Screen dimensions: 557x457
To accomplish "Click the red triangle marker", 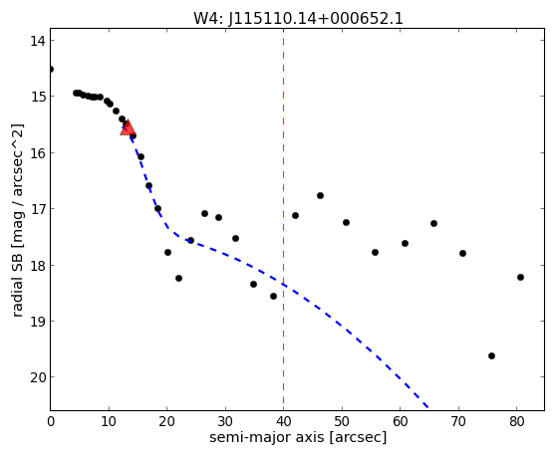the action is click(x=128, y=128).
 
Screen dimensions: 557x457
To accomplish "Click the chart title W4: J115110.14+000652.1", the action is click(x=298, y=19).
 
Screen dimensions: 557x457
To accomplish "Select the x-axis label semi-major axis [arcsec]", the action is click(x=298, y=437).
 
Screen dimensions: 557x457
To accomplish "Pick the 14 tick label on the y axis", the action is click(x=38, y=41).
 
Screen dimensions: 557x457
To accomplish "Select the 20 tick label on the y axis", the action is click(x=38, y=377).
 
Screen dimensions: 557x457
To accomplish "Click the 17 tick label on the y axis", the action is click(x=38, y=209).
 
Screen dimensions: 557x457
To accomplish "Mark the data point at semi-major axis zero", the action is click(x=51, y=69).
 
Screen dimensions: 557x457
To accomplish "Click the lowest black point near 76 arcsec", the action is click(x=491, y=355).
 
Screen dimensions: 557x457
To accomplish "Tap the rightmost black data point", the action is click(x=520, y=278).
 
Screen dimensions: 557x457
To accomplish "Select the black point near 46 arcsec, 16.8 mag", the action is click(x=320, y=196).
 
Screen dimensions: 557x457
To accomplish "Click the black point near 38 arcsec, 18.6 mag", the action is click(x=273, y=296).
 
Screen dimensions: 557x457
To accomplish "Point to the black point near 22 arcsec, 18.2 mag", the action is click(x=178, y=278).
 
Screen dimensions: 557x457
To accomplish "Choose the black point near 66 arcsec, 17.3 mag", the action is click(x=433, y=223).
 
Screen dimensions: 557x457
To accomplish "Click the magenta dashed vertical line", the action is click(x=283, y=219).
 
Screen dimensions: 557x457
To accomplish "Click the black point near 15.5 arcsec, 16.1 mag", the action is click(x=140, y=156).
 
